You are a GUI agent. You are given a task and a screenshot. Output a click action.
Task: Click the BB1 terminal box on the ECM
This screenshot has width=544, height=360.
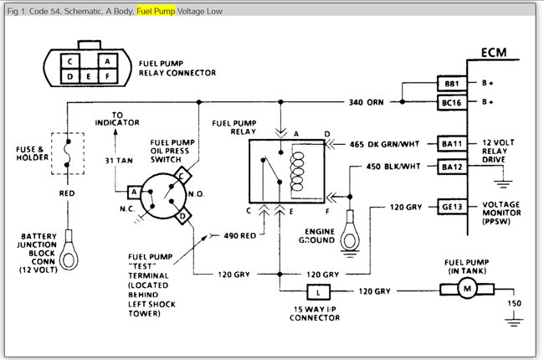[x=450, y=85]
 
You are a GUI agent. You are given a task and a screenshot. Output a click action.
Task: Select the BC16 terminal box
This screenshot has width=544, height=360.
[x=450, y=102]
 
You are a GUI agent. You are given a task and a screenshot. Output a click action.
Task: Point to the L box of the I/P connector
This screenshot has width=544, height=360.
[x=319, y=291]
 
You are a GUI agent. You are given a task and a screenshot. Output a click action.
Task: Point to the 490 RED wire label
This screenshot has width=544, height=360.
[x=242, y=236]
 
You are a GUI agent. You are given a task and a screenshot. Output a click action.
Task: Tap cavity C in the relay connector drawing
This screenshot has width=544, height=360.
[x=73, y=61]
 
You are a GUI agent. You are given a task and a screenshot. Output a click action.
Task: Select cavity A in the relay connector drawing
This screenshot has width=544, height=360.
[x=107, y=61]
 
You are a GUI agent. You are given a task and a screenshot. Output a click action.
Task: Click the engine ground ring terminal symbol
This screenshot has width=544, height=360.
[x=347, y=242]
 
